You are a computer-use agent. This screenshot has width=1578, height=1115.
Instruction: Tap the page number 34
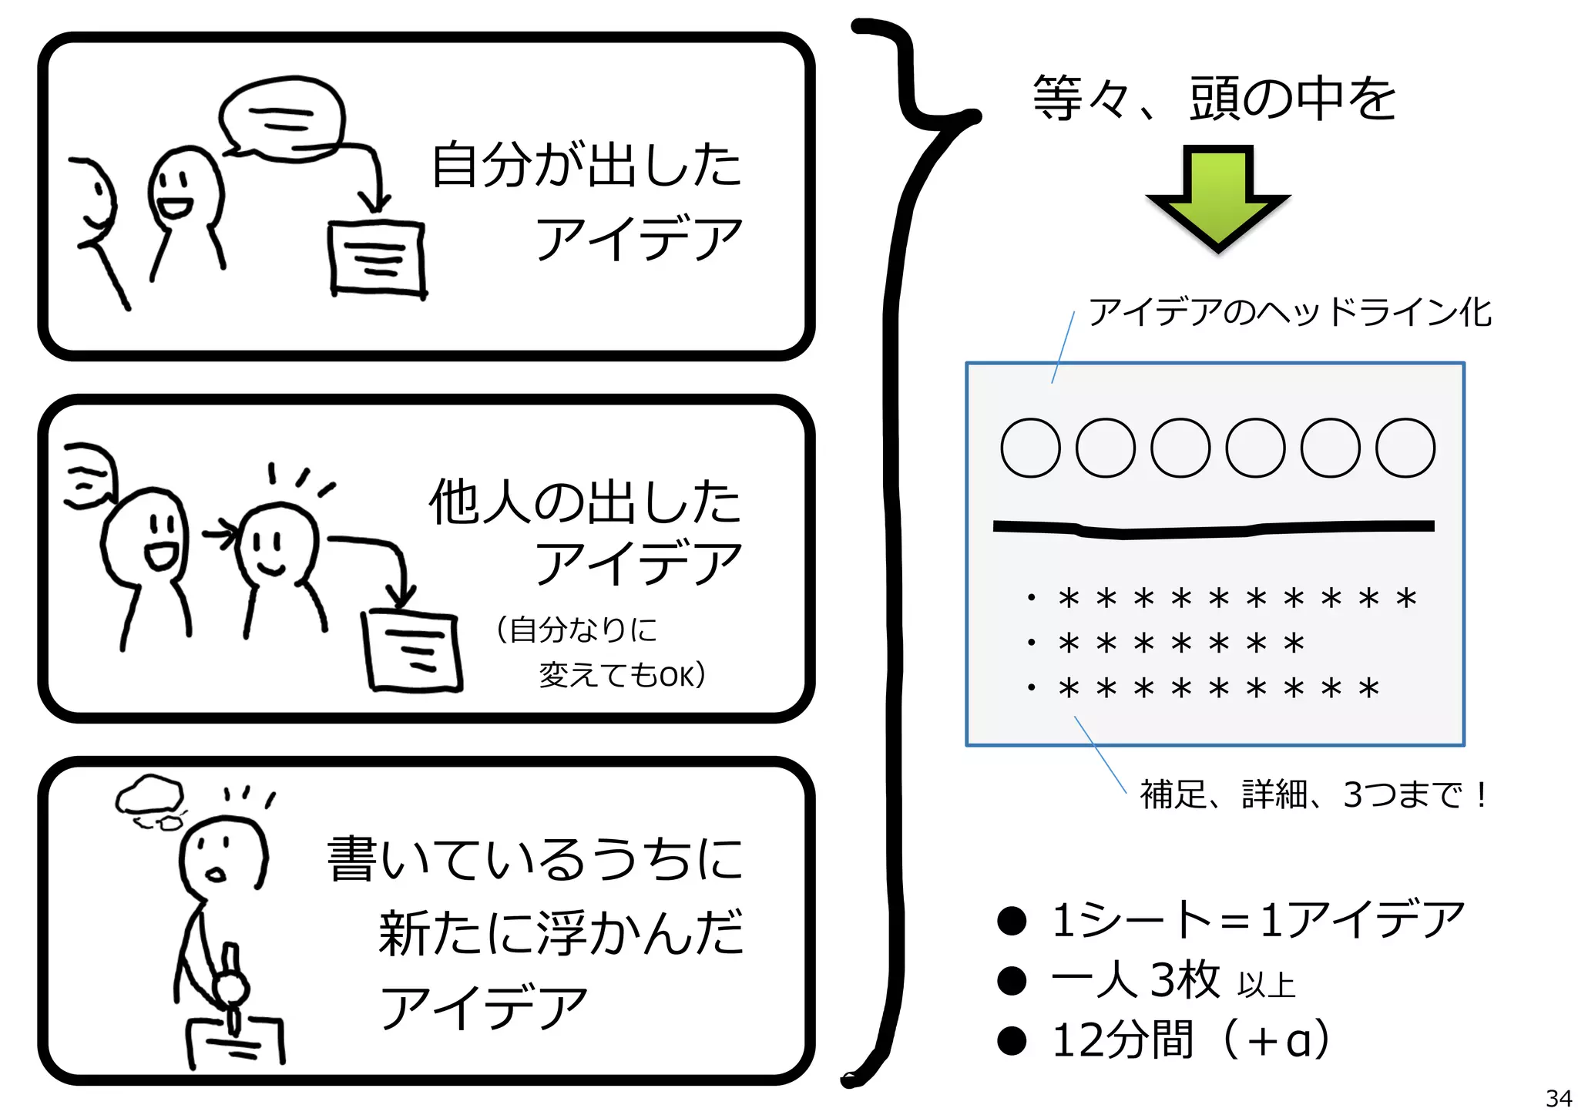click(x=1558, y=1097)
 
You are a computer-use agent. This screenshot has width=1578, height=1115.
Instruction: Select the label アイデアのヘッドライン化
click(x=1289, y=312)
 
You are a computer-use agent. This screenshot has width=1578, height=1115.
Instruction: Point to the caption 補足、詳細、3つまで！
click(x=1314, y=794)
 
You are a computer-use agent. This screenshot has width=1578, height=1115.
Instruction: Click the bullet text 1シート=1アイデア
click(x=1257, y=919)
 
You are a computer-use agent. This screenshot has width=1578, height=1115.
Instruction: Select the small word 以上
click(x=1266, y=986)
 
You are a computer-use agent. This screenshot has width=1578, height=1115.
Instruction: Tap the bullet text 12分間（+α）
click(x=1190, y=1040)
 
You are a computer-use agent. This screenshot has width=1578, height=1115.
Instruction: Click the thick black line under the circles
click(x=1214, y=529)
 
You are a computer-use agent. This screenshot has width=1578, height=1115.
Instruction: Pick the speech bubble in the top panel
click(x=282, y=119)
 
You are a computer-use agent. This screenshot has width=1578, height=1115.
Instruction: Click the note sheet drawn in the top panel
click(x=378, y=258)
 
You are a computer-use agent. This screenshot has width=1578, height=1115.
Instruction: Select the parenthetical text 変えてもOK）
click(x=621, y=676)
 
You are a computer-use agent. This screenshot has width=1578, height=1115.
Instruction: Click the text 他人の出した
click(x=585, y=502)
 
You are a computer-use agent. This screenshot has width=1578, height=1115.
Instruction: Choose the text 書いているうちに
click(x=536, y=859)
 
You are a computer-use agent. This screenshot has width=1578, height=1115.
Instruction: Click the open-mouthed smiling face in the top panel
click(x=183, y=189)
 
